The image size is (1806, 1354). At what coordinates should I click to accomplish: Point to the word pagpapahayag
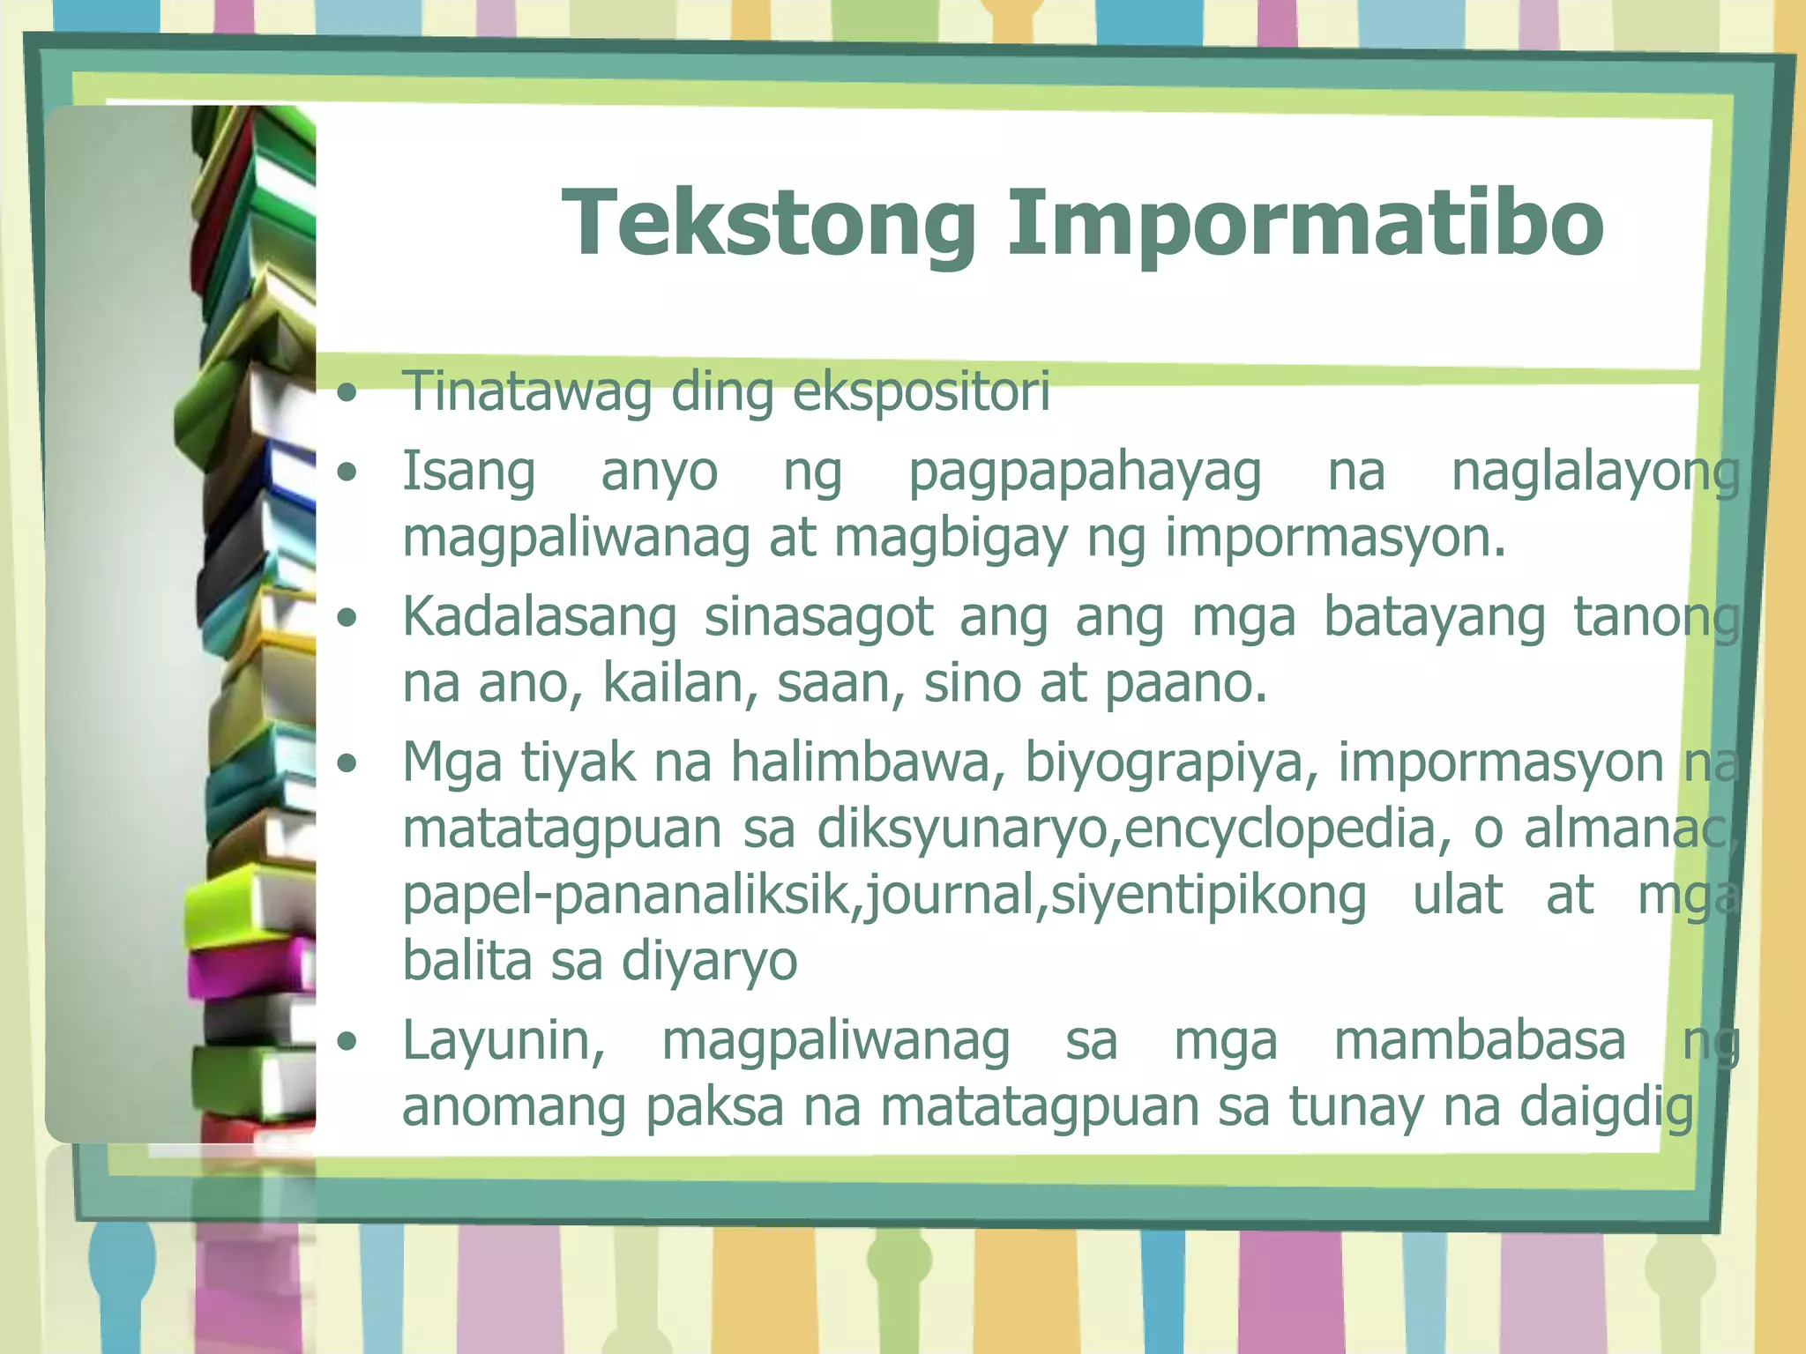1085,472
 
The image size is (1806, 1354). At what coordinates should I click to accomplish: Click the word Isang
468,472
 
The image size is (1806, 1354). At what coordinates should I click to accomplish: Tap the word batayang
1434,616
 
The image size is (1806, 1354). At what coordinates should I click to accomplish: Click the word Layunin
504,1040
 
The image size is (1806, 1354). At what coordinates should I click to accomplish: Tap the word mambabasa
1479,1040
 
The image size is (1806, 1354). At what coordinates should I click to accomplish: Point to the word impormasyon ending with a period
1335,538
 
